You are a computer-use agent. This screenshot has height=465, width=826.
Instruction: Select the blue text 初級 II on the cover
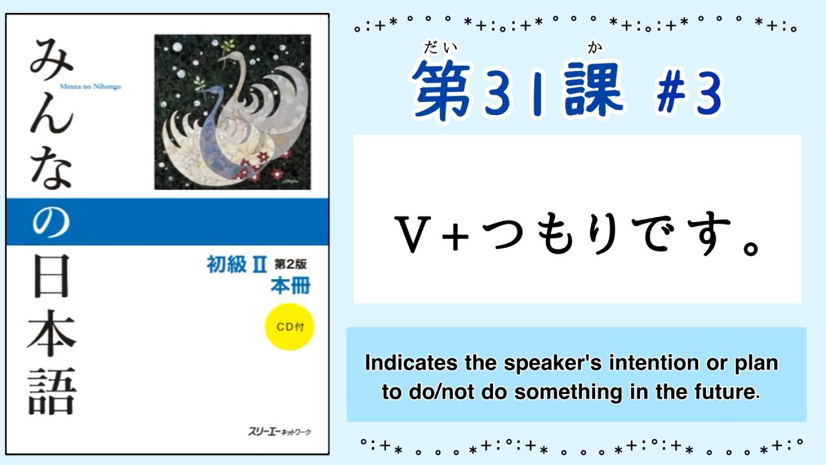tap(236, 265)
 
